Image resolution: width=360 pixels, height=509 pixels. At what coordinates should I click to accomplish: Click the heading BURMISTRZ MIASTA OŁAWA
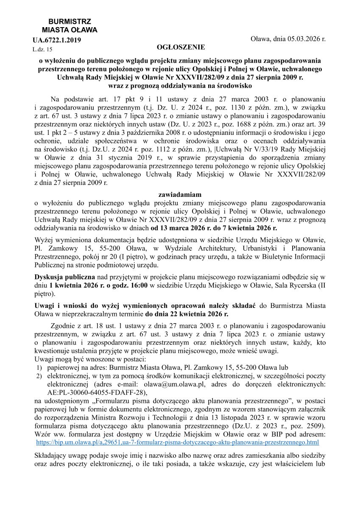click(70, 26)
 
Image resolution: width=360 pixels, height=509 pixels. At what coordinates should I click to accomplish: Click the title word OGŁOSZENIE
click(181, 47)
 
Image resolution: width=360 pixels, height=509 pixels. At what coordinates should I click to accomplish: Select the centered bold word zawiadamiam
click(179, 194)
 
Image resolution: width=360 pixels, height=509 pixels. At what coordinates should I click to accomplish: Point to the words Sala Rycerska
click(292, 285)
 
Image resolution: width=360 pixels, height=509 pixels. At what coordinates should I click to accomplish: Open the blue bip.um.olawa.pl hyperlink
click(178, 442)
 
